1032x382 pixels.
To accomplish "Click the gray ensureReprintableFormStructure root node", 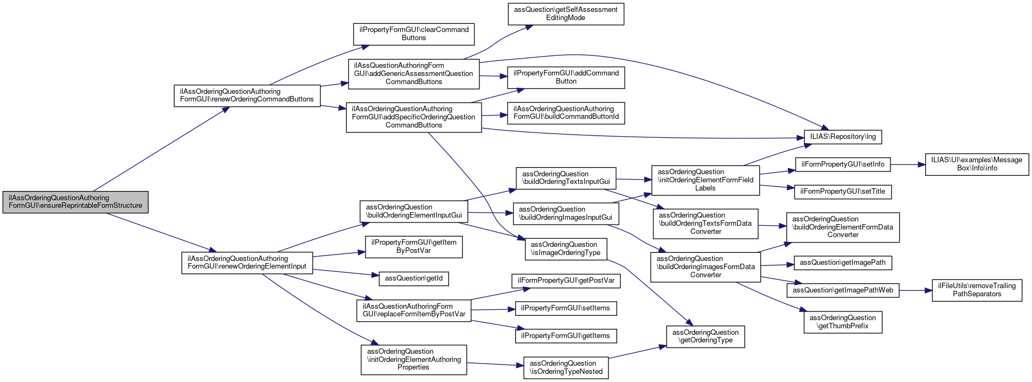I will (75, 202).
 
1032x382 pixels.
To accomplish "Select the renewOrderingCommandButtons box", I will (247, 95).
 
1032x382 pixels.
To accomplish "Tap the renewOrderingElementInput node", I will (247, 263).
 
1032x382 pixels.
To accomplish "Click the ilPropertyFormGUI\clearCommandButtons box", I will (414, 34).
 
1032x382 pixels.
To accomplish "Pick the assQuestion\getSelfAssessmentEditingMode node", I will (566, 14).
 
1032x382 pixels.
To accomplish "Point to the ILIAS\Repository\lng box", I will (843, 137).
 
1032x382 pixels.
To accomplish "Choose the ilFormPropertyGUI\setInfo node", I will (843, 164).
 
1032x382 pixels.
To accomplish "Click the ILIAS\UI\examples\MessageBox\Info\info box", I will (977, 164).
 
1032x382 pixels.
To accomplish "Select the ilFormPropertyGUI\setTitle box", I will (843, 192).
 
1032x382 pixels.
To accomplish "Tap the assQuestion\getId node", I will (414, 278).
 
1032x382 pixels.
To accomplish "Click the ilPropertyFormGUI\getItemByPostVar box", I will (414, 246).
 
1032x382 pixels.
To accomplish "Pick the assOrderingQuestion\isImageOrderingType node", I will (566, 249).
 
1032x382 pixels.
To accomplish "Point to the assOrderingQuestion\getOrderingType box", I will (706, 336).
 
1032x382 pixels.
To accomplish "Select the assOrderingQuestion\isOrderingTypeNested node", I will (566, 367).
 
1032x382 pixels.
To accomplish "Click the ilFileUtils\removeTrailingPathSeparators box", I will (977, 290).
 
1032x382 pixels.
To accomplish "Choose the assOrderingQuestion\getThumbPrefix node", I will (843, 322).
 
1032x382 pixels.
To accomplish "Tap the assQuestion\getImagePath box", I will (843, 263).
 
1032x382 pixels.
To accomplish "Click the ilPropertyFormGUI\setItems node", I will (566, 308).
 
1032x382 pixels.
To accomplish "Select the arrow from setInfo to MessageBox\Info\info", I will (907, 164).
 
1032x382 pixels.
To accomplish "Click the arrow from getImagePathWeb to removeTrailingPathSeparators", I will (915, 290).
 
